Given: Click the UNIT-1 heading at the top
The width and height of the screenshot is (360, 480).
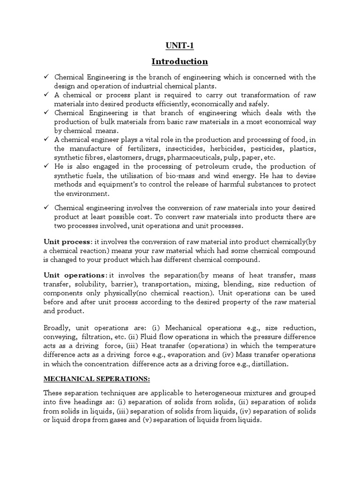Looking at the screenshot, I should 180,45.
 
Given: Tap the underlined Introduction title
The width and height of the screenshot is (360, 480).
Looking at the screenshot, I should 180,61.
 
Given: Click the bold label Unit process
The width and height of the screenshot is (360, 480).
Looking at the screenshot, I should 67,241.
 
